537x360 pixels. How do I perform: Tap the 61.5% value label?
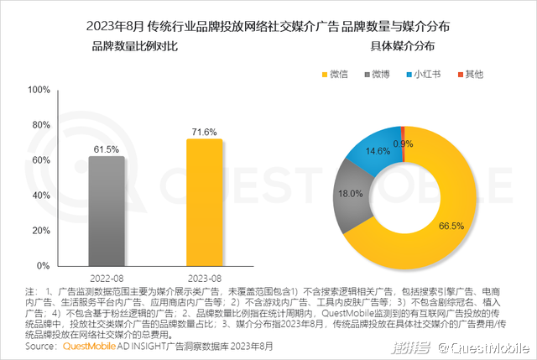coord(107,149)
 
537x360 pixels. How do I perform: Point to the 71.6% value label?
coord(205,132)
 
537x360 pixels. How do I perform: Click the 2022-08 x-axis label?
coord(107,277)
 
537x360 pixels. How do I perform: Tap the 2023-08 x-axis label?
coord(205,277)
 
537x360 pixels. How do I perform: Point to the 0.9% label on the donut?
coord(403,143)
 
